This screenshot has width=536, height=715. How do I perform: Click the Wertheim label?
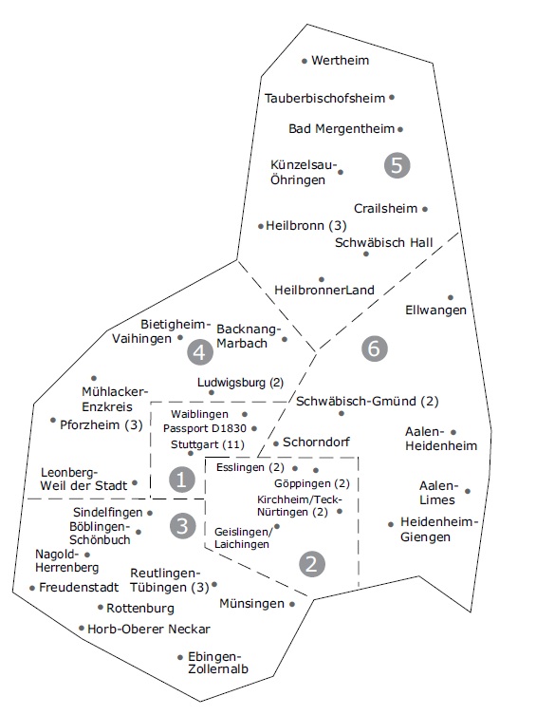coord(341,60)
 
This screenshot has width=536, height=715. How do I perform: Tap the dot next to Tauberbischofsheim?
coord(392,97)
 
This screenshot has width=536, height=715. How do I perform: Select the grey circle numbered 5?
coord(397,165)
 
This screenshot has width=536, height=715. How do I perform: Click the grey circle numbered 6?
coord(375,348)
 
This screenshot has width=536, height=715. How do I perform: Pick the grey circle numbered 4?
coord(200,352)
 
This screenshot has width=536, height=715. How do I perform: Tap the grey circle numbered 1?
coord(182,480)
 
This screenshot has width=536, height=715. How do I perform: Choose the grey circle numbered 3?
coord(182,526)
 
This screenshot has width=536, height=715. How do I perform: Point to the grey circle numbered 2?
coord(312,565)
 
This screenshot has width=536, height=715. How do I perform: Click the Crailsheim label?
coord(386,208)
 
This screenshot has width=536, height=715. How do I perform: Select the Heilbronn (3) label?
coord(306,225)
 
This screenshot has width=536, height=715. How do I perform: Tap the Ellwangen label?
coord(435,310)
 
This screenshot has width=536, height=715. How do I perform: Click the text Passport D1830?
coord(205,428)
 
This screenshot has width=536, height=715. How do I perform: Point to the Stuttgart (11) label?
coord(208,444)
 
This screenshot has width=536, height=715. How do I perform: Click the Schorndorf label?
coord(317,442)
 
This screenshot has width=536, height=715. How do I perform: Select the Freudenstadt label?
coord(79,588)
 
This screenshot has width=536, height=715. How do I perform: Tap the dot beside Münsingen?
coord(292,604)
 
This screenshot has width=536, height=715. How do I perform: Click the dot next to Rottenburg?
coord(101,608)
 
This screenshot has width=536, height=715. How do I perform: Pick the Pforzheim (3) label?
coord(102,425)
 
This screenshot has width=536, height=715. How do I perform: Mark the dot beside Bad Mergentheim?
coord(399,129)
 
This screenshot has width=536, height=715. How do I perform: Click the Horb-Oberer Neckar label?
coord(149,630)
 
